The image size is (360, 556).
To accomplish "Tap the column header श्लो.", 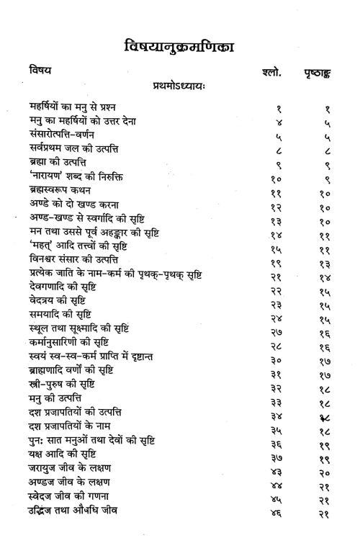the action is tap(267, 72).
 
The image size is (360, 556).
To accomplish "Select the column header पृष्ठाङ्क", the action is tap(325, 73).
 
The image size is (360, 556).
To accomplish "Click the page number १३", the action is tap(325, 257).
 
